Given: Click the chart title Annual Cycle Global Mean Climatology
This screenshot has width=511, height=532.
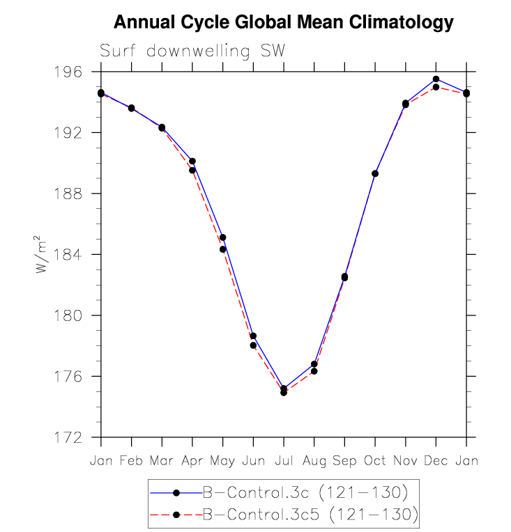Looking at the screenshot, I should point(283,23).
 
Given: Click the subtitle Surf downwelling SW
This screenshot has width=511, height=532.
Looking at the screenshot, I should point(192,51).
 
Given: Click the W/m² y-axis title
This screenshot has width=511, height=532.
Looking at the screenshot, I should point(43,254).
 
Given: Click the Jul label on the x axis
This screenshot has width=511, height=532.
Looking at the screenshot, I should point(284,461).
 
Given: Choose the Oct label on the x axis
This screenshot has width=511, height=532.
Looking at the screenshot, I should point(375,461).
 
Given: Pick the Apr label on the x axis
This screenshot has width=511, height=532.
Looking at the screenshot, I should point(192,461).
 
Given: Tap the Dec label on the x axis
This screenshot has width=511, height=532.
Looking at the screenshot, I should point(436,461).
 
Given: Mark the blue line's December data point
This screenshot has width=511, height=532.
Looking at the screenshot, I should point(436,79).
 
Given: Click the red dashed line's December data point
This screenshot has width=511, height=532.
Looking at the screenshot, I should point(436,87).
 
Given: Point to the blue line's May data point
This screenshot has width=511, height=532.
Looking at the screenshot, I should point(222,237).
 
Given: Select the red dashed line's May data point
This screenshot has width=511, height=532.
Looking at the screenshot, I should point(222,249).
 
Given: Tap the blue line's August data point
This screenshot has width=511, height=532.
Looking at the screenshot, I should point(314,364).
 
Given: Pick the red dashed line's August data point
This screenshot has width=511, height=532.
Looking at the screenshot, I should point(314,371).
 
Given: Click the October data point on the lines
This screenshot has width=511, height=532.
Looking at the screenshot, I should point(375,173).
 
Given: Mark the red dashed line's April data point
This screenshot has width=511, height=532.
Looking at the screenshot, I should point(192,170).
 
